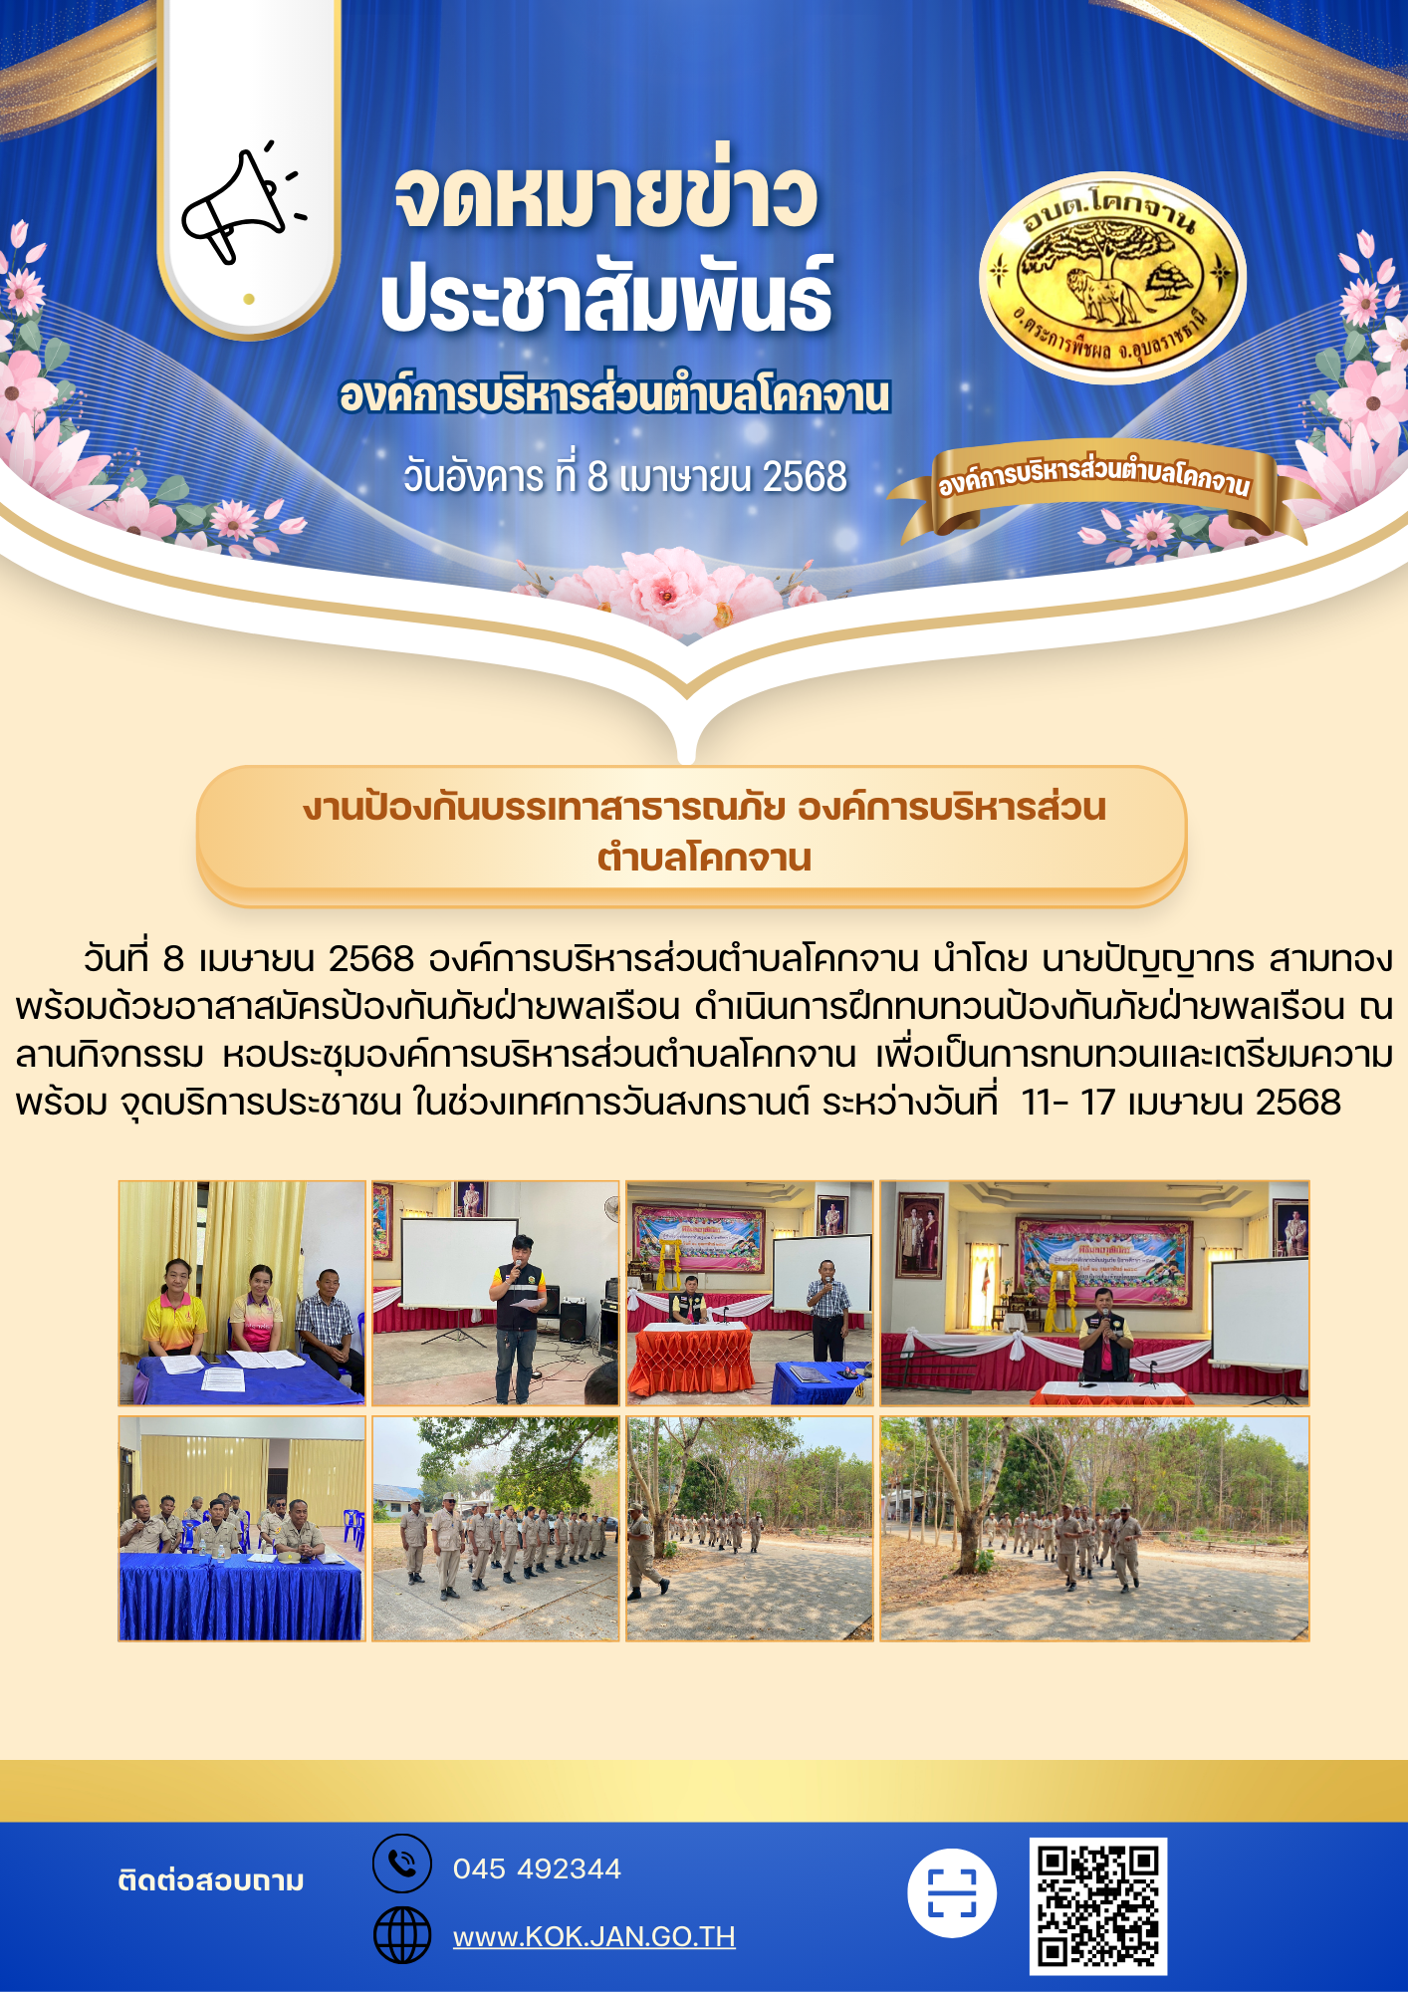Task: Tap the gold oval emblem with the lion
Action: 1111,277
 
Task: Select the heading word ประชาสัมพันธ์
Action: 606,296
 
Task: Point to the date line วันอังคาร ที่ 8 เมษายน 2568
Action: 625,476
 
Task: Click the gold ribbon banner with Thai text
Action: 1095,486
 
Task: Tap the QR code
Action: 1097,1905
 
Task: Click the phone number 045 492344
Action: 537,1868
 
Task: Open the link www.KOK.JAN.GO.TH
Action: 594,1936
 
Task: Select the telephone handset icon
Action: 402,1863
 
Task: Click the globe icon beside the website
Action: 402,1935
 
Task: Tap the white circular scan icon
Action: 952,1892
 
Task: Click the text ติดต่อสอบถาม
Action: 211,1880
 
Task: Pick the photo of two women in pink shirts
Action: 242,1293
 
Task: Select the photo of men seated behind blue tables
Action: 242,1529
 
